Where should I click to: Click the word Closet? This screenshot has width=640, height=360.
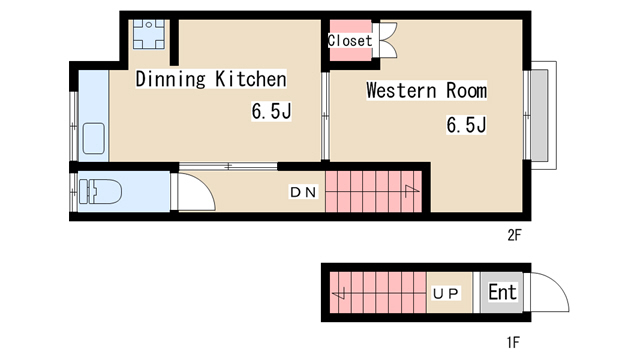click(350, 40)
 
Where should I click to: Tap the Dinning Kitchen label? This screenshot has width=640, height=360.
click(211, 79)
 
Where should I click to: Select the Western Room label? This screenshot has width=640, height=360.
click(427, 90)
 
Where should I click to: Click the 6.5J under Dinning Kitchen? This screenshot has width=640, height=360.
click(271, 111)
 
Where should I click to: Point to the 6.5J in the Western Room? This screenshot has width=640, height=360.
click(467, 125)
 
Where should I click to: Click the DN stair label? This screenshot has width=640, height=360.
click(303, 192)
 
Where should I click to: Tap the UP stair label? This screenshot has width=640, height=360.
click(446, 293)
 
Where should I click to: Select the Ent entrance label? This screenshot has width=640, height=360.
click(502, 292)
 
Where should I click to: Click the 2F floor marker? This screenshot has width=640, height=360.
click(514, 235)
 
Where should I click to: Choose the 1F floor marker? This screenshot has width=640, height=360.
click(513, 342)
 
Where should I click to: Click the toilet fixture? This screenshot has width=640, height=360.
click(100, 191)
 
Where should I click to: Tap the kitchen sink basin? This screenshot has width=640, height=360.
click(94, 139)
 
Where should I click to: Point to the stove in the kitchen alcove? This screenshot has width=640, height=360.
click(149, 34)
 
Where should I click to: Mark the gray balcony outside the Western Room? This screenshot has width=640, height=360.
click(540, 115)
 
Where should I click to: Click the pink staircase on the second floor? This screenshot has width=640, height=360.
click(373, 192)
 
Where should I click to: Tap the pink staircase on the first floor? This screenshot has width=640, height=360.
click(378, 293)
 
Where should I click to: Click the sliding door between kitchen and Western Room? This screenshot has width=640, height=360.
click(325, 116)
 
